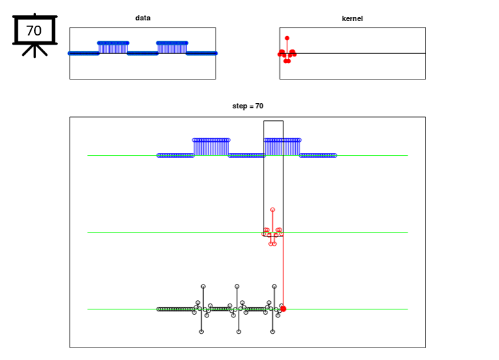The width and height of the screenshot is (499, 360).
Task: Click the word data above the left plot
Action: point(143,18)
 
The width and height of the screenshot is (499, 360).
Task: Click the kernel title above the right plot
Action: point(352,18)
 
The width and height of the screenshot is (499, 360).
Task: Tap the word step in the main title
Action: point(239,106)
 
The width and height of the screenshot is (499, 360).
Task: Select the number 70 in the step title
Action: point(260,106)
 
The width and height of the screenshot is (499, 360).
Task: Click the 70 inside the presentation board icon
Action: point(34,30)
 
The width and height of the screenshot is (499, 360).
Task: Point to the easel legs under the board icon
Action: point(35,51)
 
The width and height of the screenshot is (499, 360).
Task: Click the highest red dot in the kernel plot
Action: point(287,38)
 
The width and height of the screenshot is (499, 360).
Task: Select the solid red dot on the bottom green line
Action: point(283,309)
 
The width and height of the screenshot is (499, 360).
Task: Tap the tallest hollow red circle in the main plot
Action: point(272,210)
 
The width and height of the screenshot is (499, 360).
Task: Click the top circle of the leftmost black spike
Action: point(203,286)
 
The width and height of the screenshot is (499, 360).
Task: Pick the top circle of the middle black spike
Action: point(237,286)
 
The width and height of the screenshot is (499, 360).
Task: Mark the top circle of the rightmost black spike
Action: point(274,286)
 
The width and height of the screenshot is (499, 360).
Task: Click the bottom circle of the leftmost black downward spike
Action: point(201,332)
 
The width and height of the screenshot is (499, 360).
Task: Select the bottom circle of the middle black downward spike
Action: point(239,332)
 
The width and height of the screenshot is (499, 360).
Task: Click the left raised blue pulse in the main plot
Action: point(211,147)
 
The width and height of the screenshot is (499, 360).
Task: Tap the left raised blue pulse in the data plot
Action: point(113,48)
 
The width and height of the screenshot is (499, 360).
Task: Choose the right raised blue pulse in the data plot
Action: point(172,48)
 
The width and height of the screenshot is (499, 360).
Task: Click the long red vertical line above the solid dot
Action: point(283,271)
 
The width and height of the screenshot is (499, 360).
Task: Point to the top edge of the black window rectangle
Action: point(273,121)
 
